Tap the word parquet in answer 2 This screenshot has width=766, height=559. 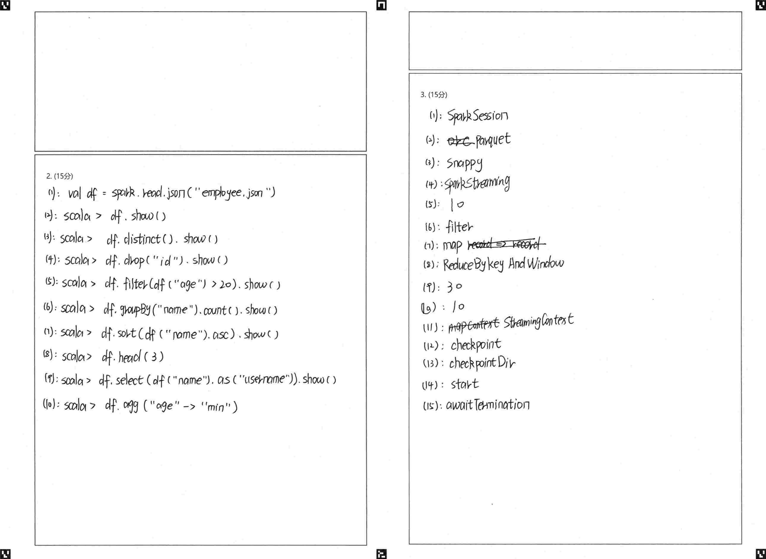(493, 140)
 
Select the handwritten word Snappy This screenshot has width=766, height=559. (465, 164)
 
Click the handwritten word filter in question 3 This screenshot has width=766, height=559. (459, 227)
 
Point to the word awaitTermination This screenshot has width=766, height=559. (488, 405)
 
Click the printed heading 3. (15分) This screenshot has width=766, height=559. (434, 95)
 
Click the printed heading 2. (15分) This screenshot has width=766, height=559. (60, 176)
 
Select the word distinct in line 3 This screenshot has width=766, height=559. (142, 239)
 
